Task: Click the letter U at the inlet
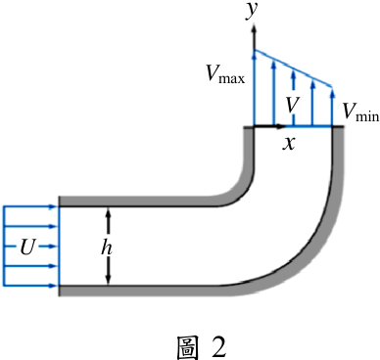click(x=26, y=247)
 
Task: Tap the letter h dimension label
click(x=107, y=247)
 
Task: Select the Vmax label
click(x=225, y=73)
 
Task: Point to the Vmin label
click(x=360, y=112)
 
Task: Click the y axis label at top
click(x=252, y=10)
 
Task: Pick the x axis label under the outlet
click(x=289, y=143)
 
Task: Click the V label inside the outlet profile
click(x=293, y=105)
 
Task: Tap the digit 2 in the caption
click(x=216, y=347)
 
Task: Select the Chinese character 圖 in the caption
click(x=187, y=347)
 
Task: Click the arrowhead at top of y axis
click(x=254, y=27)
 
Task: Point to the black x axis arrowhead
click(x=280, y=126)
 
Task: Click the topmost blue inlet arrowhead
click(x=53, y=206)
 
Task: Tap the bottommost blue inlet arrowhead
click(x=53, y=286)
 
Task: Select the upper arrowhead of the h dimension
click(x=109, y=212)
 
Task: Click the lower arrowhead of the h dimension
click(x=109, y=281)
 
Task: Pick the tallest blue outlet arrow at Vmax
click(x=254, y=87)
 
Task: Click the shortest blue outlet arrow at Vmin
click(x=332, y=107)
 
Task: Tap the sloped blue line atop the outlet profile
click(x=293, y=68)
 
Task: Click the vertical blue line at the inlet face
click(x=59, y=247)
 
